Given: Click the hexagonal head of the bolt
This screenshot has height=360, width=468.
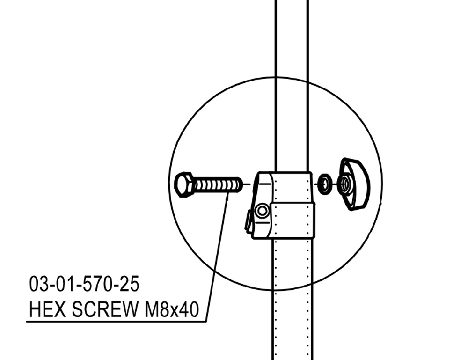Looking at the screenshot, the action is click(x=183, y=184).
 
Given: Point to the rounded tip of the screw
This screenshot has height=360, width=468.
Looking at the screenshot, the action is click(x=239, y=185).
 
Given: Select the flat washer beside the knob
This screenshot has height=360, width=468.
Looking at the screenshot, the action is click(x=325, y=184).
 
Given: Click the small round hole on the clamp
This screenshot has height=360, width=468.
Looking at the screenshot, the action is click(x=263, y=211).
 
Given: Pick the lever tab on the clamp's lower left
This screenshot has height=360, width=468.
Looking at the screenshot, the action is click(x=248, y=221).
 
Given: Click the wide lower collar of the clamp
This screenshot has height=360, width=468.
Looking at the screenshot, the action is click(x=292, y=220).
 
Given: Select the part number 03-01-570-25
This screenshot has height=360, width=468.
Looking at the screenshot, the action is click(x=84, y=284).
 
